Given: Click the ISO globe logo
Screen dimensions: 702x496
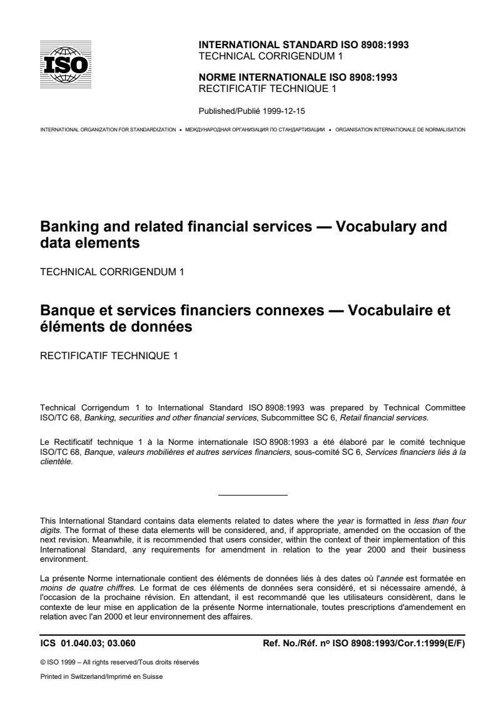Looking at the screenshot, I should pos(66,64).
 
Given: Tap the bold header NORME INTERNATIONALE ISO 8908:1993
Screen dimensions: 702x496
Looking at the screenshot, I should pos(297,78).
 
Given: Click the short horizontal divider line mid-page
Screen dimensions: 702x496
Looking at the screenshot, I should pos(253,496).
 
